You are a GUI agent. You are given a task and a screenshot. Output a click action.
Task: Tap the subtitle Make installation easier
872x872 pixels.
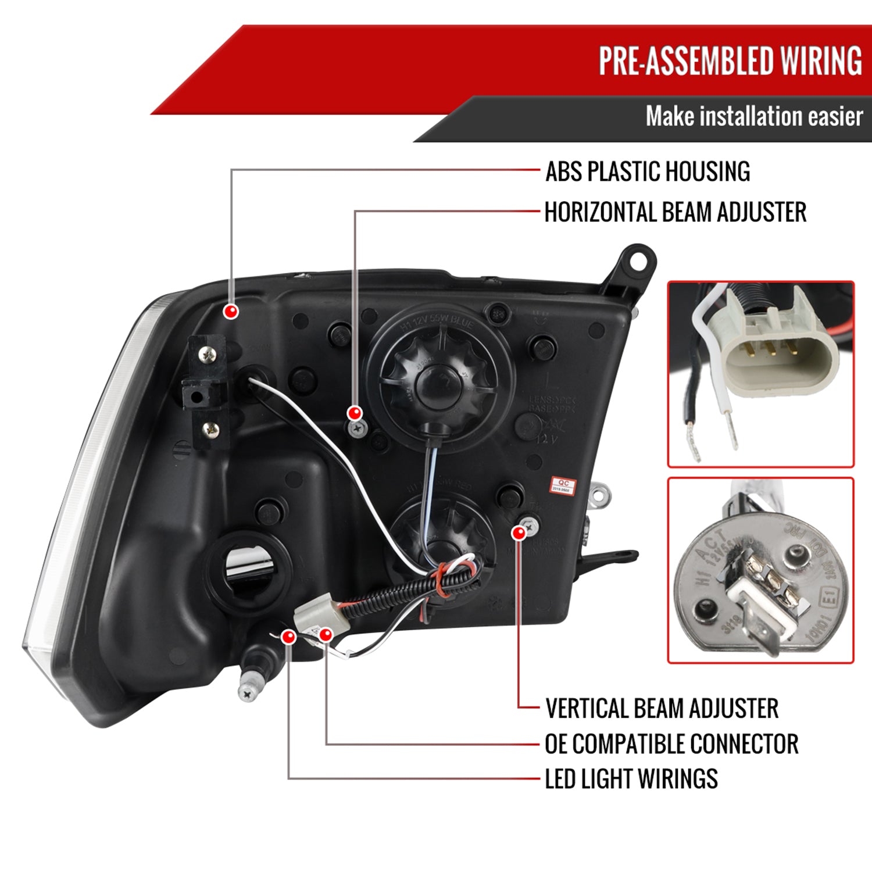tap(753, 116)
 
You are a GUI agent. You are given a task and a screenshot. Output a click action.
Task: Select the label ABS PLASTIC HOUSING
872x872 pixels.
tap(648, 171)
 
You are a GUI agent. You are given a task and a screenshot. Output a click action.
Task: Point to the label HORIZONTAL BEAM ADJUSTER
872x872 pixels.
tap(675, 212)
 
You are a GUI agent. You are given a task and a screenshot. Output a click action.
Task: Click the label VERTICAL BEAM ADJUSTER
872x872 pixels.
tap(662, 708)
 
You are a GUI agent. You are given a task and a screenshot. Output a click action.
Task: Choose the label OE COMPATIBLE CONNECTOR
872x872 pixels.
tap(671, 744)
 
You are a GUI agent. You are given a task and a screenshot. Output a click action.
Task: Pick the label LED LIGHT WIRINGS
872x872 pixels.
tap(631, 778)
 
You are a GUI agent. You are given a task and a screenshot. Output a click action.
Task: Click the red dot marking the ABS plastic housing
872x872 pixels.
tap(231, 311)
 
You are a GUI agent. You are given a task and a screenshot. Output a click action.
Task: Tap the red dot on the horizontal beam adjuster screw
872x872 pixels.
tap(354, 413)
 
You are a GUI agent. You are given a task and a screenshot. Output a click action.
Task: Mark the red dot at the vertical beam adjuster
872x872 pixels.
tap(519, 533)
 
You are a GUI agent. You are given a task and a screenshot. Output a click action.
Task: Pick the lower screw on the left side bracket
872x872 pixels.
tap(210, 430)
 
